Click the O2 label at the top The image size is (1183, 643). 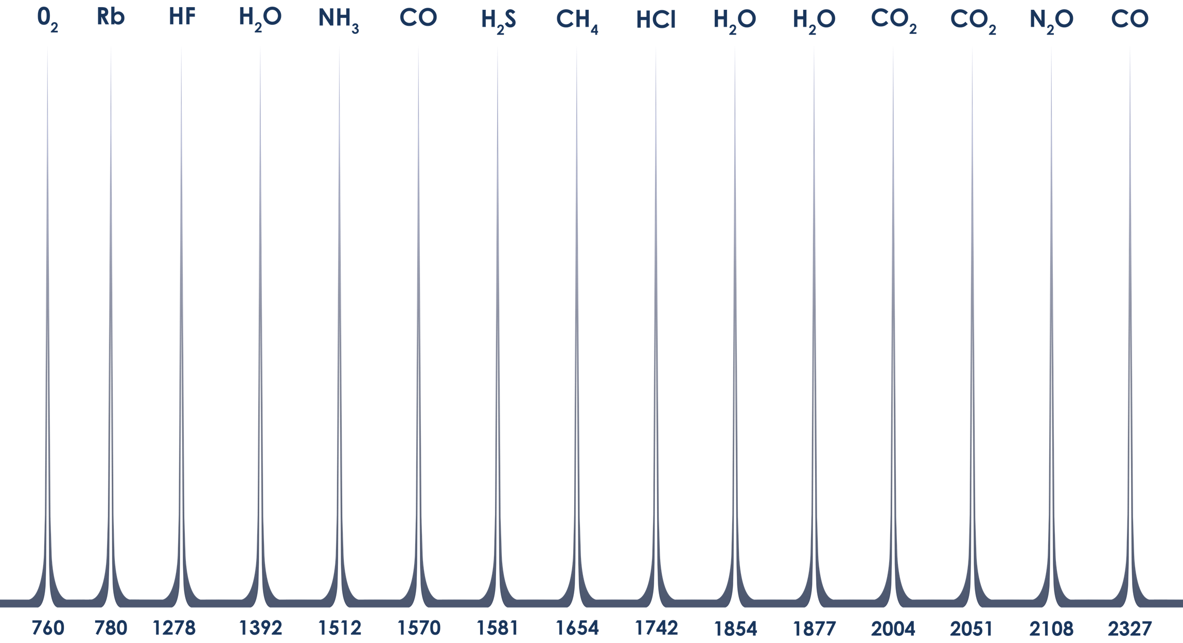tap(47, 19)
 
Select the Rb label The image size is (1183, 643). tap(111, 17)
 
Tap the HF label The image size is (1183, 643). tap(182, 17)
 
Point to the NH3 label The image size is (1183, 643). tap(339, 20)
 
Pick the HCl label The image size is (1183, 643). tap(656, 20)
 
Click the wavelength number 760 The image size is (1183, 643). tap(48, 628)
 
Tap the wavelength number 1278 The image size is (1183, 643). tap(174, 628)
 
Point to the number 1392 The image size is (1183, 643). tap(260, 628)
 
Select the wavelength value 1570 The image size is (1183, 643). tap(419, 628)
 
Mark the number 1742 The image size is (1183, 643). tap(656, 628)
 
